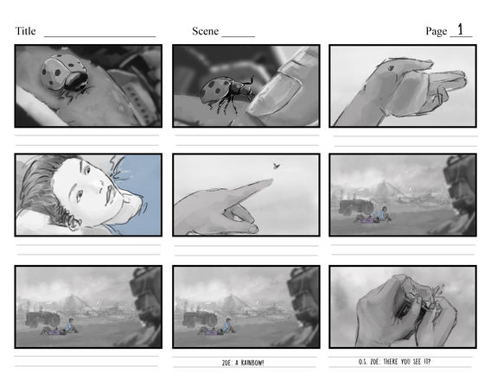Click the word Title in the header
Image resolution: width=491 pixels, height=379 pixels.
point(25,31)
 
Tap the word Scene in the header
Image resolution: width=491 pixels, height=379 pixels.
point(205,31)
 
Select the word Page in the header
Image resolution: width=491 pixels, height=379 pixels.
point(437,31)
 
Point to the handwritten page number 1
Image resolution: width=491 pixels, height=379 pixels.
point(460,29)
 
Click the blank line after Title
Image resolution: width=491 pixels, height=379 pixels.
point(100,36)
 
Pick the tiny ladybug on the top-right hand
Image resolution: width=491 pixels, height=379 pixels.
point(391,68)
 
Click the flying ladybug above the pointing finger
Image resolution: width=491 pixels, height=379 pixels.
point(277,166)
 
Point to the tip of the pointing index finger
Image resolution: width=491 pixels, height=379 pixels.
point(271,180)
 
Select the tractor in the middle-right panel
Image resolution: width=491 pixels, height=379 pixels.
point(356,207)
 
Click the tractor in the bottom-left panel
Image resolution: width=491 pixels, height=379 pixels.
point(42,319)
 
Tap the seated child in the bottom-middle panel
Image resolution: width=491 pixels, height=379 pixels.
point(228,326)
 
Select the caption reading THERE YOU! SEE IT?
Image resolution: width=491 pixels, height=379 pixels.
point(407,362)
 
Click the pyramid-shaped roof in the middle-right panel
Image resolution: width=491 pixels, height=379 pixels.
point(384,188)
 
